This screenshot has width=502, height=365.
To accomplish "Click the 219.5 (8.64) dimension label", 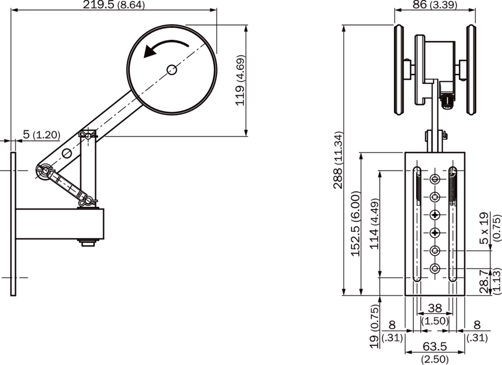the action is pyautogui.click(x=114, y=5).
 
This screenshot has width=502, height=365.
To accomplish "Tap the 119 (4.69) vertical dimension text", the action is pyautogui.click(x=240, y=81).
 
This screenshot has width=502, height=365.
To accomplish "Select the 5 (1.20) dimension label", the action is pyautogui.click(x=42, y=135).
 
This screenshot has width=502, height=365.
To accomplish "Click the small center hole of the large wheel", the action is pyautogui.click(x=172, y=69).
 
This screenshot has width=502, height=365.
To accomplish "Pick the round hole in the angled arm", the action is pyautogui.click(x=67, y=153).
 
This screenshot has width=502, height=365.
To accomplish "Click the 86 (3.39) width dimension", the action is pyautogui.click(x=435, y=4).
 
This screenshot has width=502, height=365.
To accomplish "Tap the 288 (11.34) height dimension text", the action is pyautogui.click(x=338, y=160).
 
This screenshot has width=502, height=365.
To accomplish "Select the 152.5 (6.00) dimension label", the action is pyautogui.click(x=356, y=224).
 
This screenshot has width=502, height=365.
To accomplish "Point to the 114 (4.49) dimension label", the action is pyautogui.click(x=374, y=224).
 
